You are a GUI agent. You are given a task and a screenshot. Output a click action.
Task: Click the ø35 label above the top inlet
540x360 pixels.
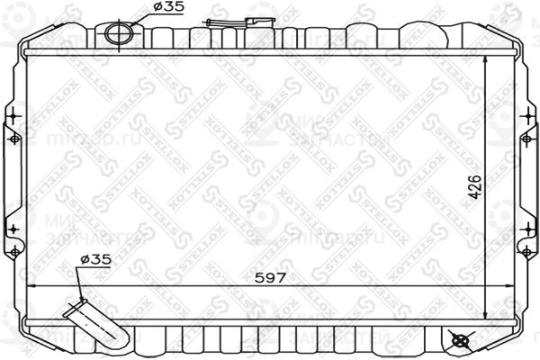[169, 7]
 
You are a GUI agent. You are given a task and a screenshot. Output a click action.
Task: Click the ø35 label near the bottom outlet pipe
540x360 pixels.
[95, 259]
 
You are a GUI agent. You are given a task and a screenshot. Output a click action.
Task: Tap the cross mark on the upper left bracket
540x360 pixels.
[13, 116]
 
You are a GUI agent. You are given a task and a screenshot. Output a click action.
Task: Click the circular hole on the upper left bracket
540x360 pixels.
[13, 139]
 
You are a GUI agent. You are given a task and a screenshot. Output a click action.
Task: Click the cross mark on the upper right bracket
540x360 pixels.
[526, 116]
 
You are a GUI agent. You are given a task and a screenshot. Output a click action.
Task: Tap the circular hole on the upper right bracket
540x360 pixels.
[527, 139]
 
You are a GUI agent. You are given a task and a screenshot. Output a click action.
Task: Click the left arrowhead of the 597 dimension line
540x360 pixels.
[32, 285]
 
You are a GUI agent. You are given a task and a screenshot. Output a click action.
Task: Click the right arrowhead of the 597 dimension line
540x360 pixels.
[509, 285]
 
